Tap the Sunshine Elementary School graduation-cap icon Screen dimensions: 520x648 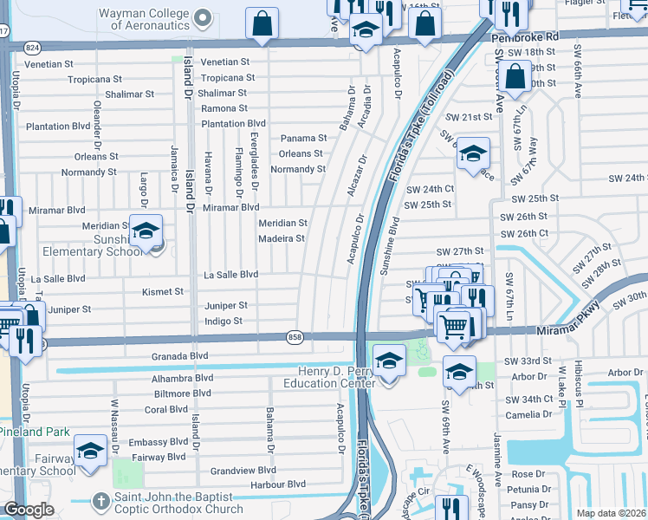click(x=146, y=230)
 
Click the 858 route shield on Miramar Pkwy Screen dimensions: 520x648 click(x=294, y=336)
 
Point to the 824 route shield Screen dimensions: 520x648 click(x=32, y=46)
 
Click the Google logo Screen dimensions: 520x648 click(x=29, y=510)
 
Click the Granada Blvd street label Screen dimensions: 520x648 click(x=180, y=355)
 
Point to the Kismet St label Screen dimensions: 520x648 click(x=163, y=292)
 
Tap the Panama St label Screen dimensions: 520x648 click(x=303, y=138)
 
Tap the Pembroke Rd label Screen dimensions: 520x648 click(x=524, y=38)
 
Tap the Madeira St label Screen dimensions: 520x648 click(x=282, y=238)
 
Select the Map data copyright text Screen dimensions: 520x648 click(x=612, y=513)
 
